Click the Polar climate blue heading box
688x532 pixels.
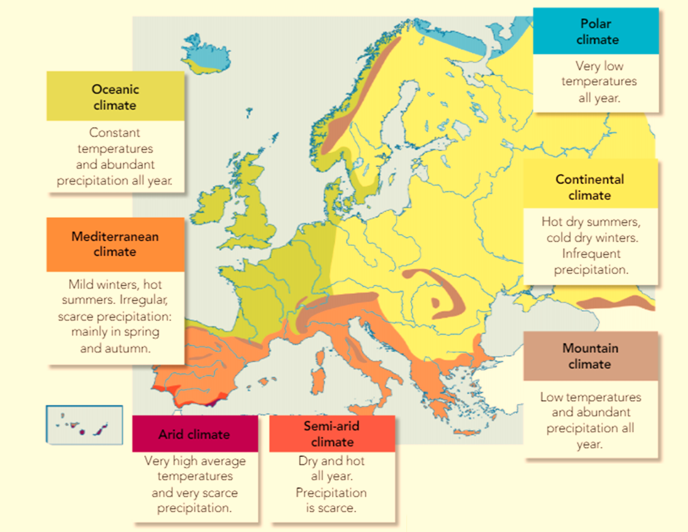coord(596,31)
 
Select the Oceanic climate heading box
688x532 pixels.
coord(115,97)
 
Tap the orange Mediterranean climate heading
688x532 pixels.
coord(115,244)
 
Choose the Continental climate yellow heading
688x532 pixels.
coord(590,187)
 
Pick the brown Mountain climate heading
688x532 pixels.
coord(590,356)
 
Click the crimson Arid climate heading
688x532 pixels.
coord(195,434)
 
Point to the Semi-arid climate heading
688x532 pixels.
coord(332,434)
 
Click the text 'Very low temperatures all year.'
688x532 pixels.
coord(598,82)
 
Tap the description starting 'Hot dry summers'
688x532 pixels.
coord(591,245)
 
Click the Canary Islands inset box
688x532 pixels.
coord(84,425)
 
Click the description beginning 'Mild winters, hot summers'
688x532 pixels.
coord(115,315)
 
